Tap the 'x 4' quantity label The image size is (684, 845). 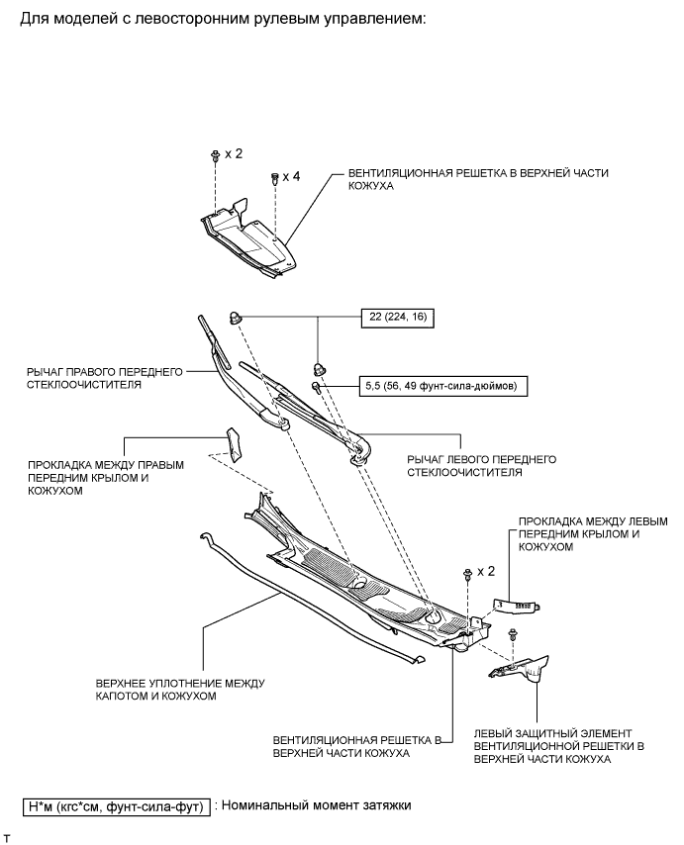[x=291, y=176]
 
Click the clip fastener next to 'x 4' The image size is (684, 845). [x=274, y=179]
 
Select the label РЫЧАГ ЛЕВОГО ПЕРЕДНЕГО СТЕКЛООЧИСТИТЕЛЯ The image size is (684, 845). [x=468, y=466]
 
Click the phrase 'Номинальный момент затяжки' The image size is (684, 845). [x=318, y=806]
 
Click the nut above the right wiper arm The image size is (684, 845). [x=238, y=318]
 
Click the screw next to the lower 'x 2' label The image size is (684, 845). [x=464, y=575]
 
